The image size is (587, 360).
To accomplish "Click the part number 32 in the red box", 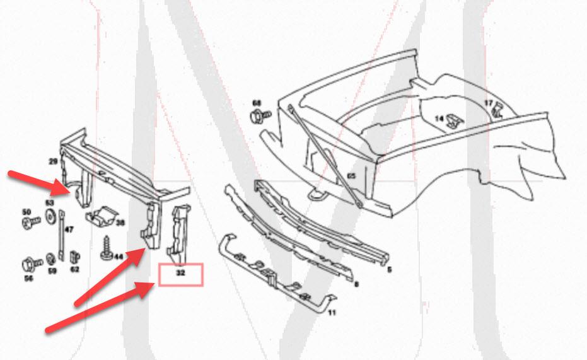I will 181,274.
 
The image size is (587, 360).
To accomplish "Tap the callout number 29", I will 54,162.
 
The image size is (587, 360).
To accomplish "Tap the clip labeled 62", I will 74,257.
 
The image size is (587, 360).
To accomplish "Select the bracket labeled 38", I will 102,217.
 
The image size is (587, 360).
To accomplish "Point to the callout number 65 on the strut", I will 351,176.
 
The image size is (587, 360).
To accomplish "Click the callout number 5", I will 389,270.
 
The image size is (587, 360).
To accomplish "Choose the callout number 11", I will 332,312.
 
